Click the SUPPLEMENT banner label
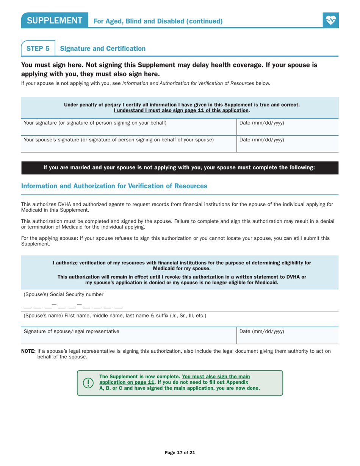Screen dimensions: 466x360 coord(55,21)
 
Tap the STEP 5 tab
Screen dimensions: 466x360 coord(38,48)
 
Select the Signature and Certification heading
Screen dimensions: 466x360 coord(103,48)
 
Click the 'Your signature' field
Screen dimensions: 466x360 coord(128,127)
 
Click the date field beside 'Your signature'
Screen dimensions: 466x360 coord(287,127)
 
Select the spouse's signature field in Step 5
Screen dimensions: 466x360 coord(128,144)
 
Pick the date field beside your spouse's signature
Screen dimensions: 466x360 coord(287,144)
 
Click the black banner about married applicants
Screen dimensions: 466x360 coord(180,168)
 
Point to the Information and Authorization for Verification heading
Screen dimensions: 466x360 coord(114,186)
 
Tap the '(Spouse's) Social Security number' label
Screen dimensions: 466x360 coord(63,294)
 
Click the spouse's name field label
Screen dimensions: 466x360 coord(115,315)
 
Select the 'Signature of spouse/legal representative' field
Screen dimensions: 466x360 coord(128,335)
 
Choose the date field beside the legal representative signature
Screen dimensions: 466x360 coord(287,335)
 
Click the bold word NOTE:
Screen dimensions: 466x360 coord(28,351)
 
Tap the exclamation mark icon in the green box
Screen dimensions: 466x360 coord(88,383)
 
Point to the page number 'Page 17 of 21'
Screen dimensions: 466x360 coord(180,452)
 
